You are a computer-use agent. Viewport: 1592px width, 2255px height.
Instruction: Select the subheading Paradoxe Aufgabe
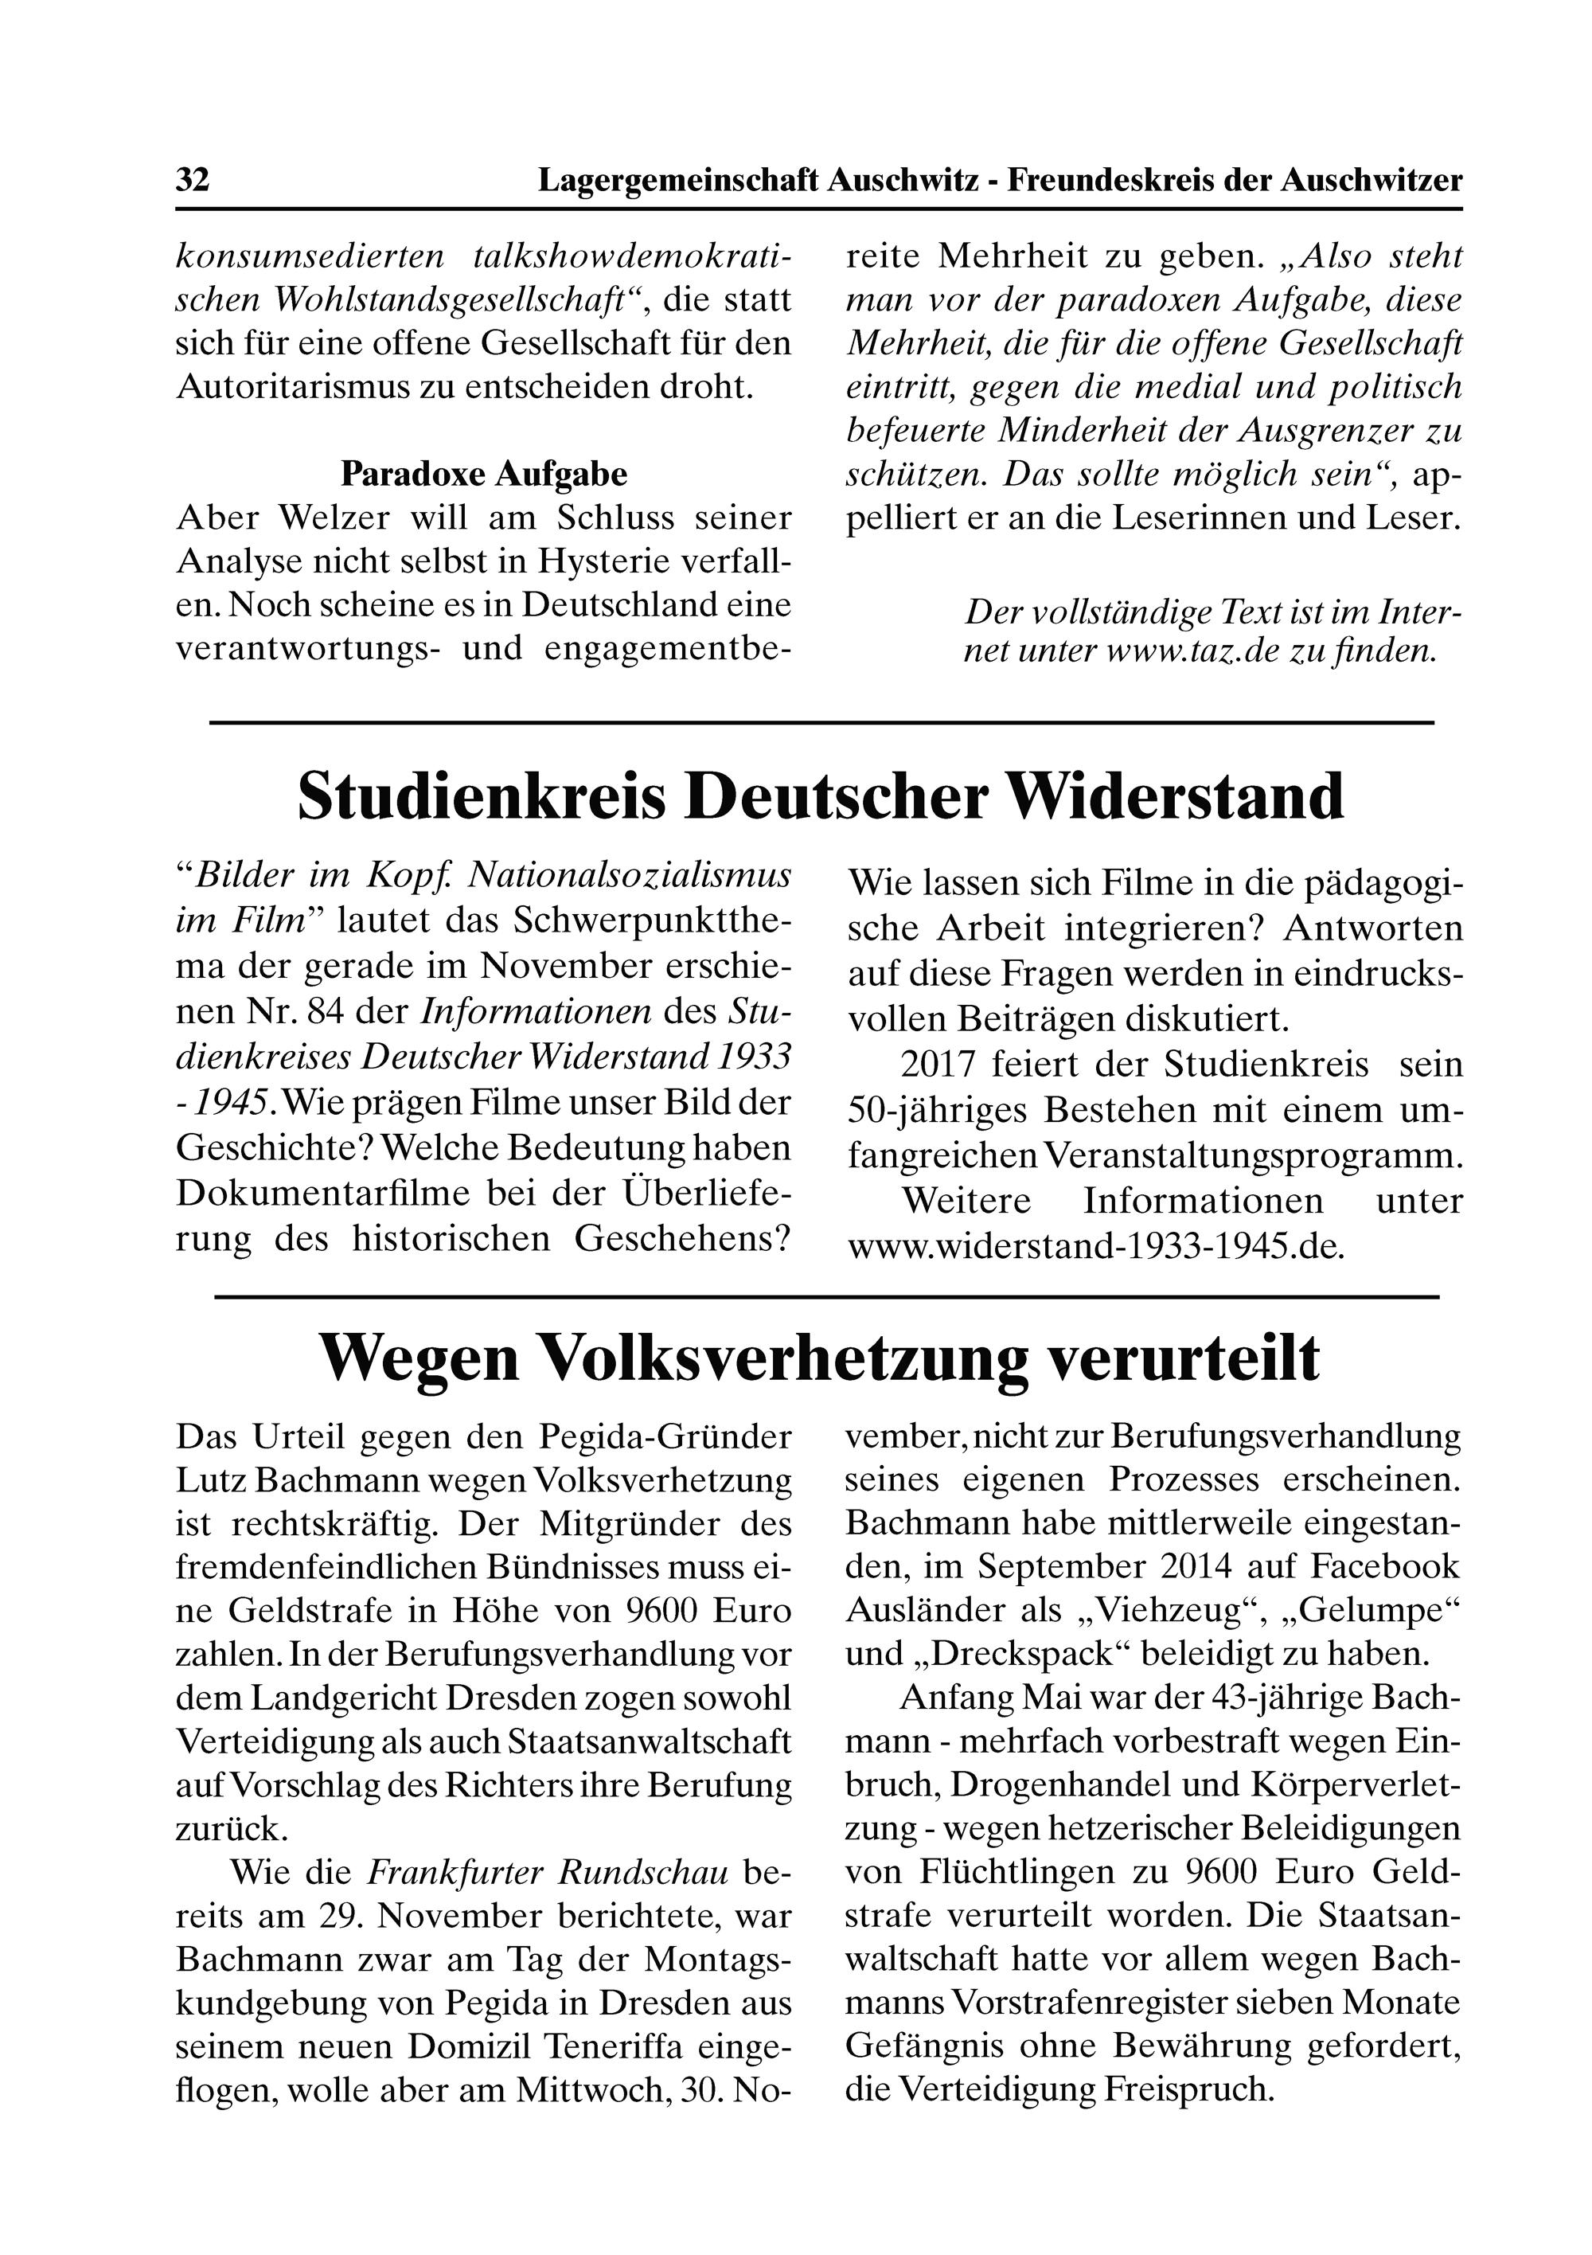[x=483, y=475]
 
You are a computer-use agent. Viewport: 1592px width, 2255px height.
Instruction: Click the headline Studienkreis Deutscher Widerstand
[x=820, y=796]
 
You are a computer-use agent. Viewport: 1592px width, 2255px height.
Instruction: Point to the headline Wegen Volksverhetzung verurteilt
[x=820, y=1359]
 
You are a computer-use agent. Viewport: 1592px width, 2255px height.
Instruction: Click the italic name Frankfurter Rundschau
[x=547, y=1874]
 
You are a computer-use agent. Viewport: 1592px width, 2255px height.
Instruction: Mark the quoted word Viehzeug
[x=1184, y=1611]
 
